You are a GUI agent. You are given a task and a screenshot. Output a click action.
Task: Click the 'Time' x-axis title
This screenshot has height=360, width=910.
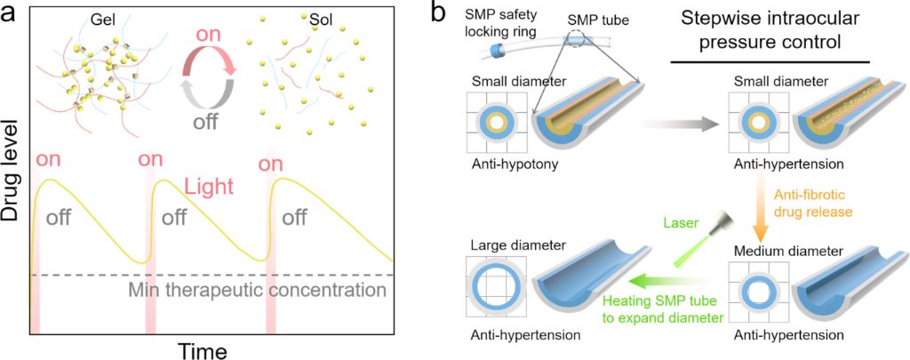[203, 350]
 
